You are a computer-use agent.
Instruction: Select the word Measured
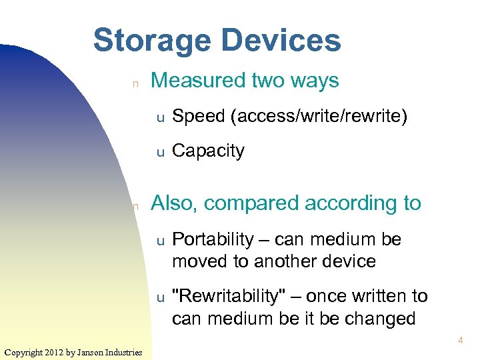199,81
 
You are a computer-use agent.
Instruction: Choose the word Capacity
208,151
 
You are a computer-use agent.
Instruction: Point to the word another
287,261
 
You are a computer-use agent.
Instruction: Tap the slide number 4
460,341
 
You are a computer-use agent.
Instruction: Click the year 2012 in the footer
53,352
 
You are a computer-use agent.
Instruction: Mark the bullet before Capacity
160,152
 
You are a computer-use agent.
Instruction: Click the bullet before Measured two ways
135,83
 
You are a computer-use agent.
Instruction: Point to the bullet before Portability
160,240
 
